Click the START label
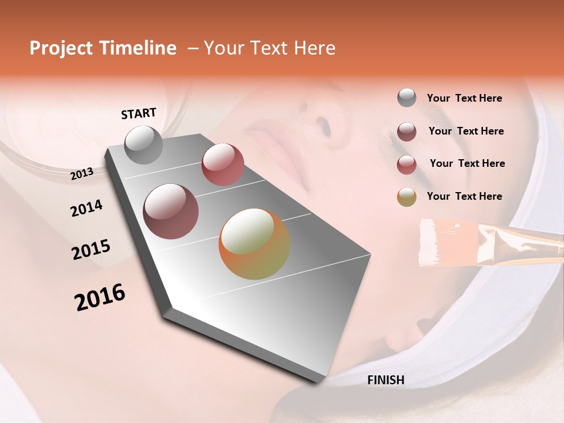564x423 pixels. (x=139, y=113)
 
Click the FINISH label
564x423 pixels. (x=385, y=380)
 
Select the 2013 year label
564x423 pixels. (x=82, y=173)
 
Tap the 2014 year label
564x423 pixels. (x=86, y=208)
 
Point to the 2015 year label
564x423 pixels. (x=90, y=250)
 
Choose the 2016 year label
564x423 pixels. (x=100, y=297)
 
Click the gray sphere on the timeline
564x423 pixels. (x=143, y=145)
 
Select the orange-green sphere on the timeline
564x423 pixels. (x=254, y=244)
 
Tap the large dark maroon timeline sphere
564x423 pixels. (x=170, y=211)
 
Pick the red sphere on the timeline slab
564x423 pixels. (x=223, y=164)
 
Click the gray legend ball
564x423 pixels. (x=407, y=98)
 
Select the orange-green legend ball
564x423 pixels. (x=407, y=197)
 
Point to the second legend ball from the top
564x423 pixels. (x=407, y=132)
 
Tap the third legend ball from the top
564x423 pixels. (x=407, y=164)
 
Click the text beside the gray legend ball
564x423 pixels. (x=464, y=99)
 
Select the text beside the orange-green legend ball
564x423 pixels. (x=464, y=196)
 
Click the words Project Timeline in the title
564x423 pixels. (x=103, y=49)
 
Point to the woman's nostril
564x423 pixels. (x=323, y=123)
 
